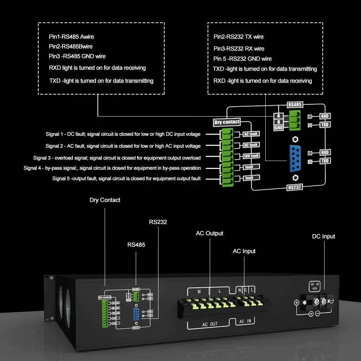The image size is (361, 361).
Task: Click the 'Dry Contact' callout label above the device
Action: coord(105,200)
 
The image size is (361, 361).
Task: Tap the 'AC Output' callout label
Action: coord(209,233)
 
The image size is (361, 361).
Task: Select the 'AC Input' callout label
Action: coord(244,251)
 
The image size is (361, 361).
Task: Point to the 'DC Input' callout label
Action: coord(323,236)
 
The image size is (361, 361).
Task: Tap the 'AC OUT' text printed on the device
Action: coord(210,324)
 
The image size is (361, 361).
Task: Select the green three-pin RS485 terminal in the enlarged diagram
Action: coord(295,121)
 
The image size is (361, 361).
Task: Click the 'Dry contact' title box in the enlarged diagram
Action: coord(227,122)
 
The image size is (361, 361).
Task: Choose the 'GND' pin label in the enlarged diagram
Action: coord(279,128)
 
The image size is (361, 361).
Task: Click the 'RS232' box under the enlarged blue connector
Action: coord(295,187)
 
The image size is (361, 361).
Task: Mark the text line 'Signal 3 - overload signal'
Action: coord(117,158)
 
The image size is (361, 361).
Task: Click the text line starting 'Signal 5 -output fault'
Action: coord(126,178)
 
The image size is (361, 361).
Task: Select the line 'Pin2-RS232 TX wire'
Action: coord(239,37)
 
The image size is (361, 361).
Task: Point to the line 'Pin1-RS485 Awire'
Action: coord(71,37)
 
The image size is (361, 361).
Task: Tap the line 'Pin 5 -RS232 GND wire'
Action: coord(243,59)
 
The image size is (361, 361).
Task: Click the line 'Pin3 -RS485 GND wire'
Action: coord(77,56)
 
